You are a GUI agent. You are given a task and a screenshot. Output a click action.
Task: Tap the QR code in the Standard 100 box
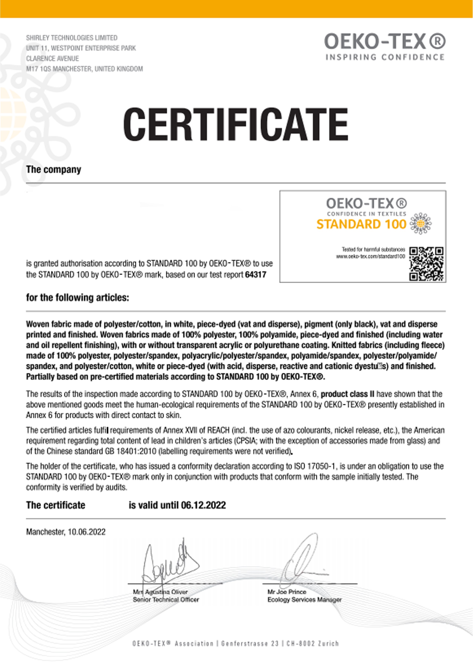[426, 264]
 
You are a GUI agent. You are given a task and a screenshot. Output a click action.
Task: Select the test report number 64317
[256, 275]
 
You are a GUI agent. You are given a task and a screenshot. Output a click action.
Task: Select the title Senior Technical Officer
[166, 600]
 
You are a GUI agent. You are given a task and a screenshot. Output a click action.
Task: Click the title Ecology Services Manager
[304, 600]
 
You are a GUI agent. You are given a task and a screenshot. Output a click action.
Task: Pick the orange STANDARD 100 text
[361, 224]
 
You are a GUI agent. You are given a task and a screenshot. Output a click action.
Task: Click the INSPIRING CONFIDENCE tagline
[385, 57]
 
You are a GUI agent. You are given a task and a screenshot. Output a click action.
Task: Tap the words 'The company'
[54, 170]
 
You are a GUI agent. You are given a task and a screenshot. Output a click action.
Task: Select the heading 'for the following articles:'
[77, 298]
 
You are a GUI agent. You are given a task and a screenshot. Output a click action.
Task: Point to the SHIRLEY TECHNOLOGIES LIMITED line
[72, 38]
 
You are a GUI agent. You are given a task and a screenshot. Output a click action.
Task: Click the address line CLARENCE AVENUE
[52, 59]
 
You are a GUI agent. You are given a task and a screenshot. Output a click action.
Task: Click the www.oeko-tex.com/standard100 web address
[370, 257]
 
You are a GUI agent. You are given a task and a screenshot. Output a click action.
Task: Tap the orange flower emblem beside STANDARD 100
[421, 224]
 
